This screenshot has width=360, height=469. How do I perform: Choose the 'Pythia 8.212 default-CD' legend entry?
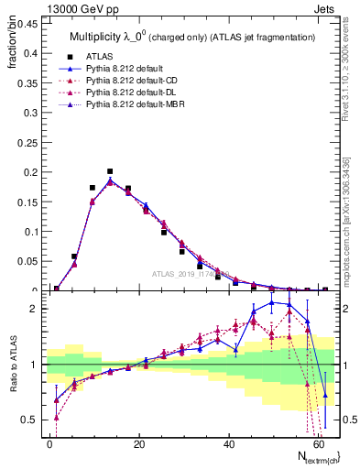coord(136,81)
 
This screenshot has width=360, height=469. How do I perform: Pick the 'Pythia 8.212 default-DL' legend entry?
coord(136,93)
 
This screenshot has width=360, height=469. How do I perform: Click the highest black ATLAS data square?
coord(110,171)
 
